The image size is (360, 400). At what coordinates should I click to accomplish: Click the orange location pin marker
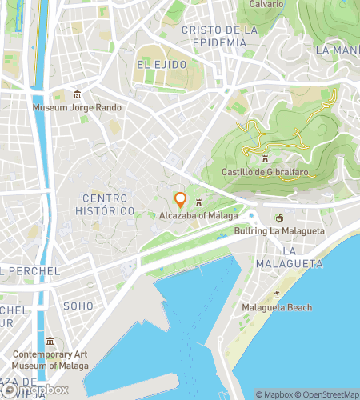point(181,200)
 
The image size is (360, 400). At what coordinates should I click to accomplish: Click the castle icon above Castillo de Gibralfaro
point(264,159)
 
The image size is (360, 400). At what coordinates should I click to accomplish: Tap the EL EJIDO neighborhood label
point(161,64)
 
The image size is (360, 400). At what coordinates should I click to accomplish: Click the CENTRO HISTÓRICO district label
point(109,204)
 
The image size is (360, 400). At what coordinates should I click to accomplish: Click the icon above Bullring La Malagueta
point(279,218)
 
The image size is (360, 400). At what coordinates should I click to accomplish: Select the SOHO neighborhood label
point(78,306)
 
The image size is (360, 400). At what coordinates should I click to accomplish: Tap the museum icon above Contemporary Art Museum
point(50,342)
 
